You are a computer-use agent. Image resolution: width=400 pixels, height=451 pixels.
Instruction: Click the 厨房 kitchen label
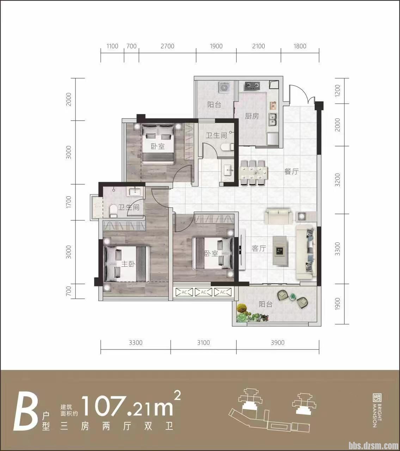coord(252,116)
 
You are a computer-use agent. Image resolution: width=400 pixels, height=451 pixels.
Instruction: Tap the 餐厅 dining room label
coord(291,171)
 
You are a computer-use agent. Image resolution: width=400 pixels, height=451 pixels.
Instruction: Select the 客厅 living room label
coord(259,248)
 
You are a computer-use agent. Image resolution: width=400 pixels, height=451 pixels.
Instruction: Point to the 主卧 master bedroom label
coord(128,264)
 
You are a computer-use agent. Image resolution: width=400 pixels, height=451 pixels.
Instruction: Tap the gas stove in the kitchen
coord(253,86)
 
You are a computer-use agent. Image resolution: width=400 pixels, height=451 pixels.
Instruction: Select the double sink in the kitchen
coord(273,119)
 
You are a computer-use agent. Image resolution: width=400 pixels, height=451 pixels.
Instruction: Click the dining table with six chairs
coord(253,173)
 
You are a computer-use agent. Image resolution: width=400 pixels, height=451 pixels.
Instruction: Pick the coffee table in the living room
coord(280,251)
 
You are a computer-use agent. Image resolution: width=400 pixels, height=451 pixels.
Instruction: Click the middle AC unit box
coord(204,292)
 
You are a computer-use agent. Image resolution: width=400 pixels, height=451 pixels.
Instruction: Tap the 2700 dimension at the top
coord(167,46)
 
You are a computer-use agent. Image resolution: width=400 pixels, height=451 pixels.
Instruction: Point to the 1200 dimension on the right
coord(338,91)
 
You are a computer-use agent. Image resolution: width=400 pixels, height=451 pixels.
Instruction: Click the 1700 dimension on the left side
coord(69,202)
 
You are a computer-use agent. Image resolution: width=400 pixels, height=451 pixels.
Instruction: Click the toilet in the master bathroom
coord(113,211)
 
